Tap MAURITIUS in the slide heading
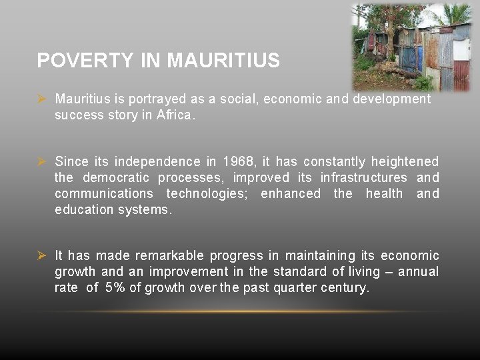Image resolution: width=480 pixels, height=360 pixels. tap(223, 61)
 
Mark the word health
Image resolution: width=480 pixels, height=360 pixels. tap(384, 193)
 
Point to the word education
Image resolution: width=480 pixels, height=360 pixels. tap(84, 209)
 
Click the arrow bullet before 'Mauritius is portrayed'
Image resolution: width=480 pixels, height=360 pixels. tap(41, 99)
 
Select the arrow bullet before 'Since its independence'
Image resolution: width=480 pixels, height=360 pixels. tap(41, 161)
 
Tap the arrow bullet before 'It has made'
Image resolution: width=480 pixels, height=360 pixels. tap(41, 255)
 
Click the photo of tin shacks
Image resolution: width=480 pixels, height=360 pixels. tap(411, 47)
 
